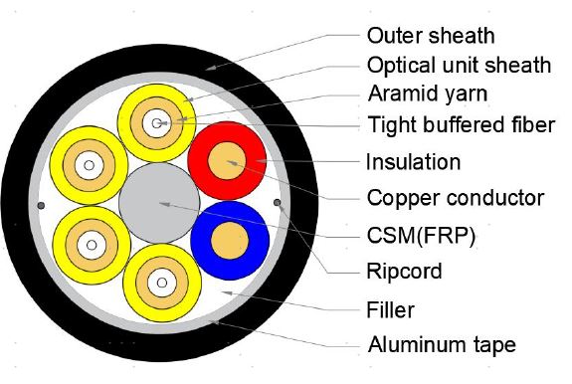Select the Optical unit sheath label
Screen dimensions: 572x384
point(459,65)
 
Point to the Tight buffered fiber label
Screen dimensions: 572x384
point(461,124)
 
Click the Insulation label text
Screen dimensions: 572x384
point(413,161)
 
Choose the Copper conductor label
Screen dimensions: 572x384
point(455,197)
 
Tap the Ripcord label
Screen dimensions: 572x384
point(404,271)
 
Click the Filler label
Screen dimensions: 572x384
point(390,309)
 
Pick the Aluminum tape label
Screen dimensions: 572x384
point(442,345)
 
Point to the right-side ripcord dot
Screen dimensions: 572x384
point(279,206)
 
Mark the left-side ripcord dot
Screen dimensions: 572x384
point(40,206)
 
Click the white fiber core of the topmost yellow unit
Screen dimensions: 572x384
point(154,123)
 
